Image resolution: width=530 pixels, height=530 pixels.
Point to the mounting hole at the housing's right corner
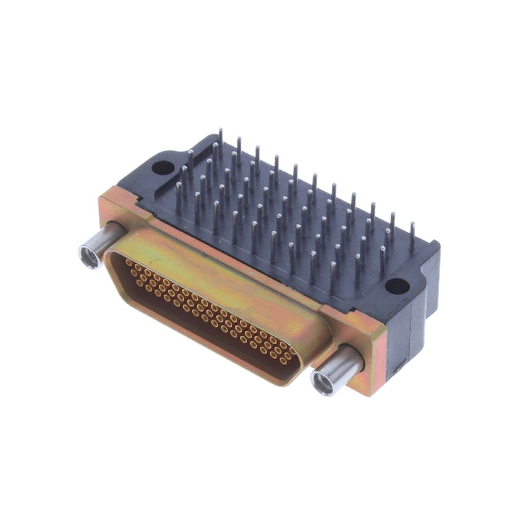[397, 287]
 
